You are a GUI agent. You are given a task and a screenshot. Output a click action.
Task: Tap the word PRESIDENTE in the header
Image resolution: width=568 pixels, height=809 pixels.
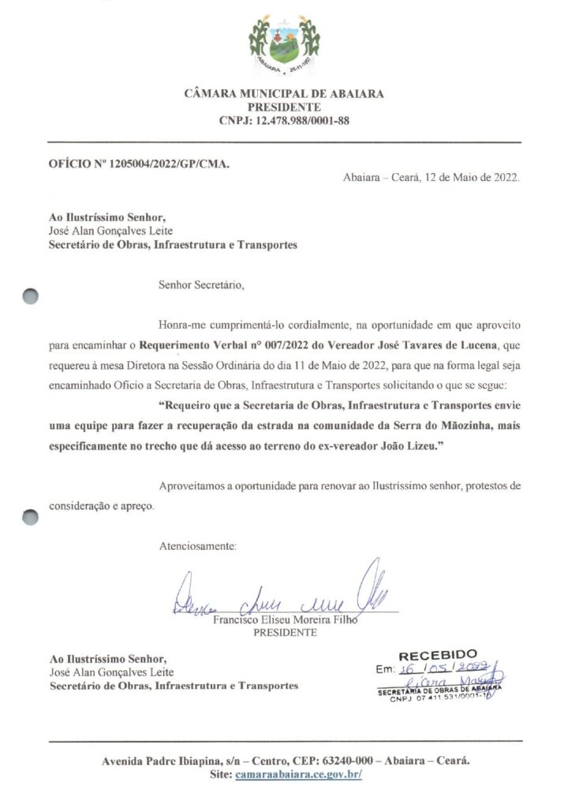click(284, 107)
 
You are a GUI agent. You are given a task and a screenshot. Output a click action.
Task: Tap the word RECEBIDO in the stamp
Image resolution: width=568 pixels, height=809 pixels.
click(438, 655)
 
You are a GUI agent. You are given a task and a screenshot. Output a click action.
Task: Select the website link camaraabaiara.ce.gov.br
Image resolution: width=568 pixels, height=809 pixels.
click(297, 776)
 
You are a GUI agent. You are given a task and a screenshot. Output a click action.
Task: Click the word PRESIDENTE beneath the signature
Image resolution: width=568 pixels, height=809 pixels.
click(286, 633)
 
